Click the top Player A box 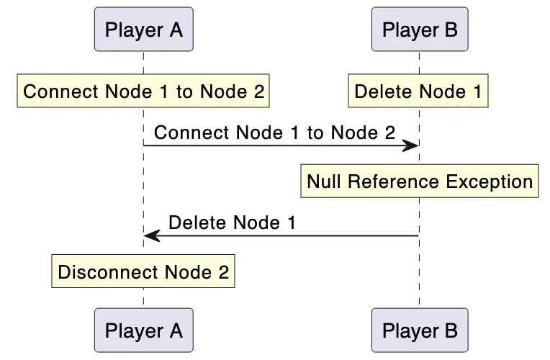pyautogui.click(x=143, y=30)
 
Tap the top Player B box pyautogui.click(x=420, y=30)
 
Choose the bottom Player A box pyautogui.click(x=143, y=330)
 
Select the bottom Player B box pyautogui.click(x=420, y=330)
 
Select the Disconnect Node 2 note pyautogui.click(x=143, y=272)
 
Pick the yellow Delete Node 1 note pyautogui.click(x=418, y=92)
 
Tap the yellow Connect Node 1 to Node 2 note pyautogui.click(x=143, y=92)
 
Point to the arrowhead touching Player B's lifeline pyautogui.click(x=411, y=146)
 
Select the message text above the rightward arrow pyautogui.click(x=275, y=132)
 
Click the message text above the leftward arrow pyautogui.click(x=232, y=223)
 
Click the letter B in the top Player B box pyautogui.click(x=450, y=30)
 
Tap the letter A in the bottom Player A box pyautogui.click(x=174, y=331)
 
